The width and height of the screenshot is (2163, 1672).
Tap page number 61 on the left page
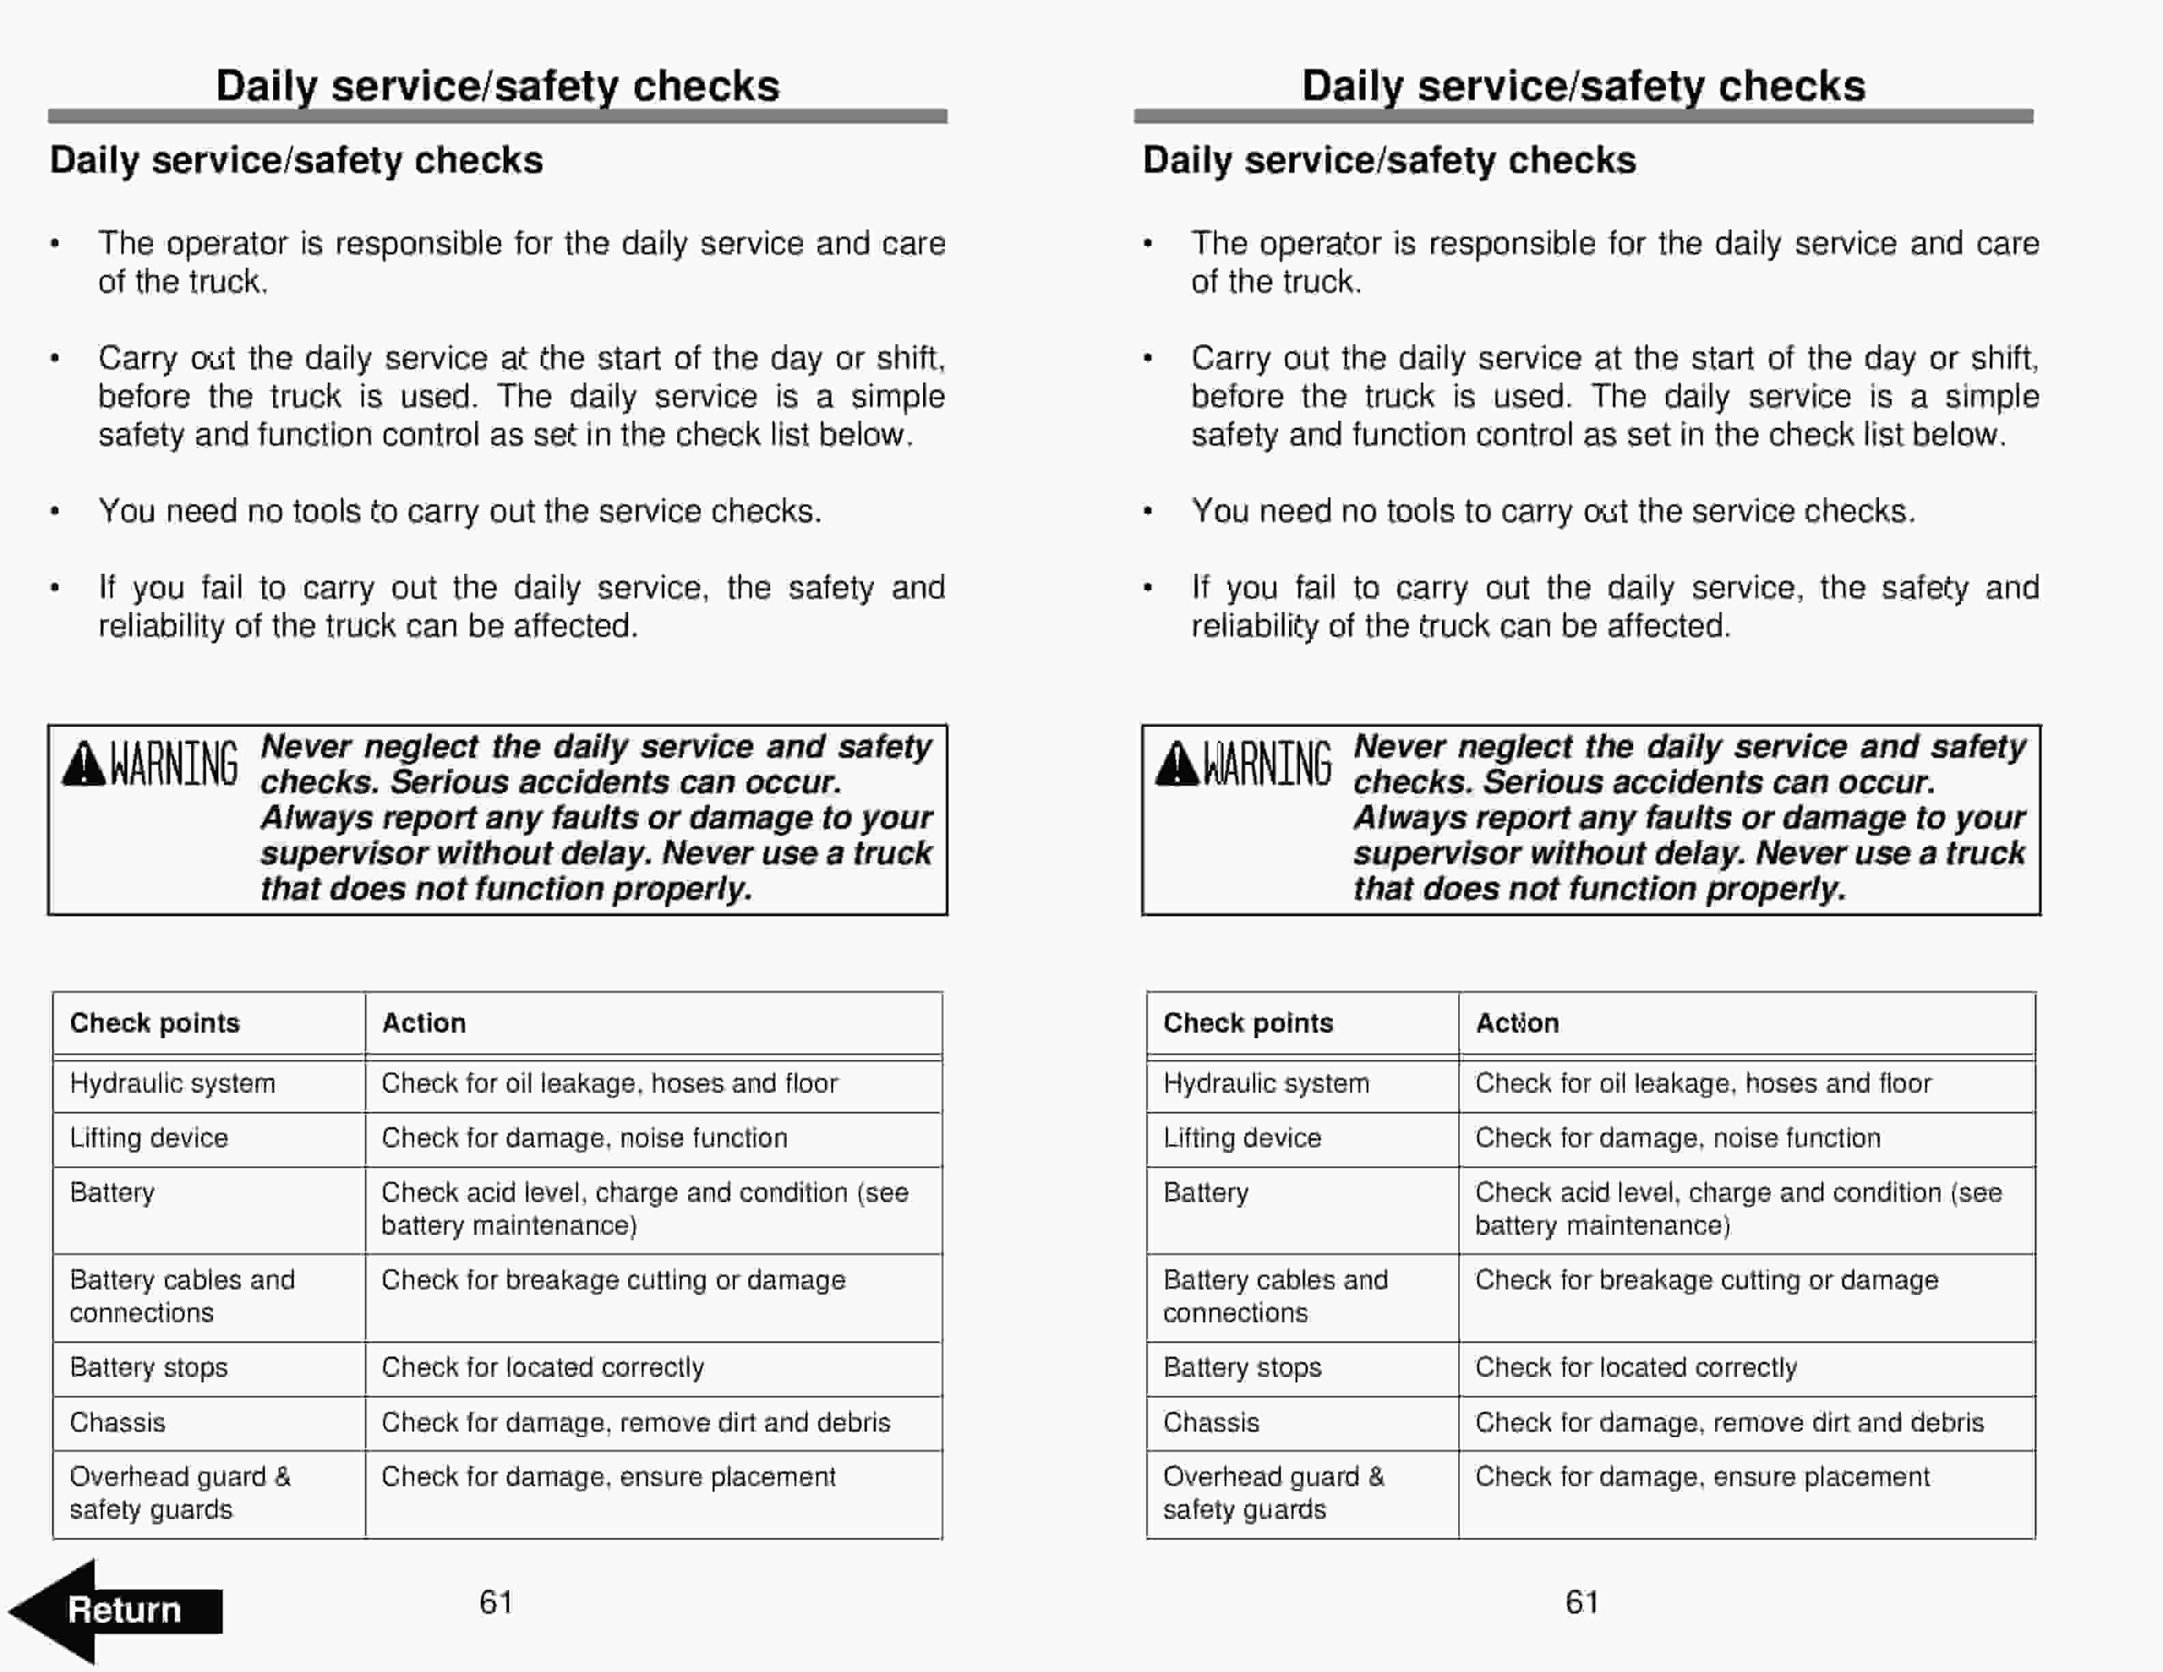click(x=495, y=1602)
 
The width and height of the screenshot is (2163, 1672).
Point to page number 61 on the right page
click(x=1582, y=1602)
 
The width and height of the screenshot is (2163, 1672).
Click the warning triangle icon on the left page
click(x=83, y=766)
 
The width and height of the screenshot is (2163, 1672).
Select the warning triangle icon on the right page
click(x=1176, y=766)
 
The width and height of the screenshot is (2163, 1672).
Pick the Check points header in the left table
click(x=154, y=1023)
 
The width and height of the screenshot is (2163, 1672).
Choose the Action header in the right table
click(x=1516, y=1023)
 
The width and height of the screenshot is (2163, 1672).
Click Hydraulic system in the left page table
click(x=172, y=1084)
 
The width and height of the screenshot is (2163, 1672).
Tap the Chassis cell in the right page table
click(x=1211, y=1423)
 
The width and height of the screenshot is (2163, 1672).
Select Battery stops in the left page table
click(x=149, y=1368)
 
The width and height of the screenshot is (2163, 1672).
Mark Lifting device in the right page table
click(x=1241, y=1138)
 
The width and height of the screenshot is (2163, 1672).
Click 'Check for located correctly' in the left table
click(x=541, y=1368)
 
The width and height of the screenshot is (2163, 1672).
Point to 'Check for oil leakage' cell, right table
click(x=1702, y=1084)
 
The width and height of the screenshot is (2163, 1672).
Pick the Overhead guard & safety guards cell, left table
click(x=180, y=1493)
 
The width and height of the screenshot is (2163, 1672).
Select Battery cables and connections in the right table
click(x=1275, y=1296)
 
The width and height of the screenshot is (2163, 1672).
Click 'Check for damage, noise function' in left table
click(x=584, y=1138)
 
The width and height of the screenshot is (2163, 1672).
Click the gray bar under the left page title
click(x=497, y=117)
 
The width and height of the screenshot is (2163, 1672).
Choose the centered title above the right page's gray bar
click(x=1583, y=85)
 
